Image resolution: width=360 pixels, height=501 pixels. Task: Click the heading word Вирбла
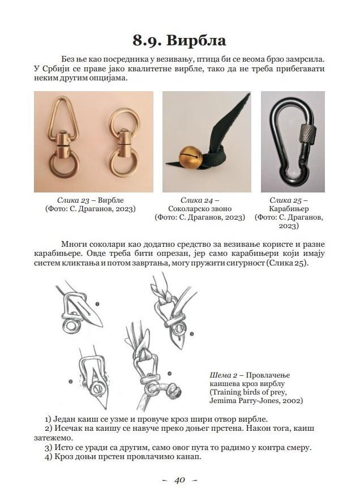point(202,40)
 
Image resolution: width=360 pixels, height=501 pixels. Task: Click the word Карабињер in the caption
point(289,209)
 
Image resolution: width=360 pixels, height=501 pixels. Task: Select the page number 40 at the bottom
point(179,480)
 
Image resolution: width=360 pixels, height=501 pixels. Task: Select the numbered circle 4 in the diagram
point(169,374)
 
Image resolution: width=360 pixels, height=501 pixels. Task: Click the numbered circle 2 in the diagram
point(71,382)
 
